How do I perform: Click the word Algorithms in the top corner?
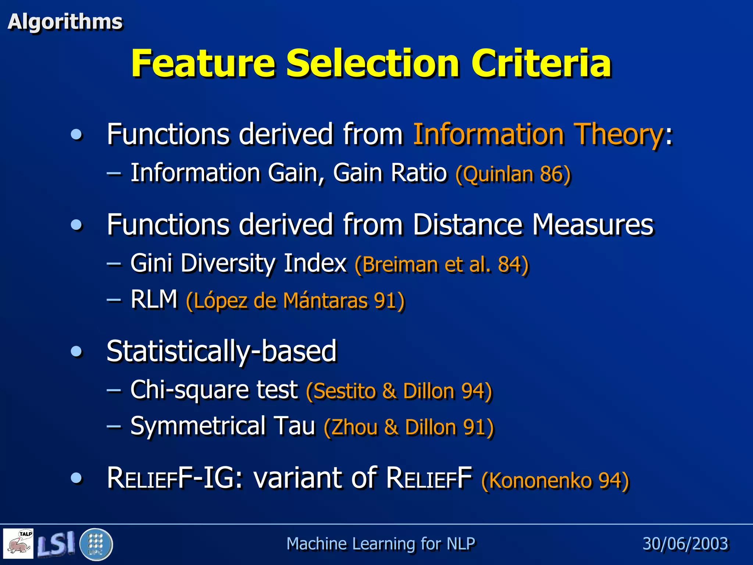(x=65, y=22)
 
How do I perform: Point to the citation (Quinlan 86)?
(x=513, y=174)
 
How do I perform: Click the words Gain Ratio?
(x=390, y=173)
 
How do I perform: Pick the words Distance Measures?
(x=533, y=224)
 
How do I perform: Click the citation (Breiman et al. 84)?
(x=442, y=264)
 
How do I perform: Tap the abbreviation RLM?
(x=154, y=299)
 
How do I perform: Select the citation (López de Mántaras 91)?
(x=295, y=301)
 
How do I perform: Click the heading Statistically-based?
(x=221, y=351)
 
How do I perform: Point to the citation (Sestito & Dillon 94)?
(x=399, y=391)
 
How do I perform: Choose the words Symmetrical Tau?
(x=223, y=426)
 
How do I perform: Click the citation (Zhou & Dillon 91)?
(x=408, y=427)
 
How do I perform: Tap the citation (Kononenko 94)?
(x=555, y=480)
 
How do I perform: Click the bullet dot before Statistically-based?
(x=76, y=351)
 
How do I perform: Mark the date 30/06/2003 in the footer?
(x=685, y=544)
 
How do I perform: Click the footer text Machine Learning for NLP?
(x=381, y=544)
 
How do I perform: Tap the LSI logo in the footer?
(x=56, y=544)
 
